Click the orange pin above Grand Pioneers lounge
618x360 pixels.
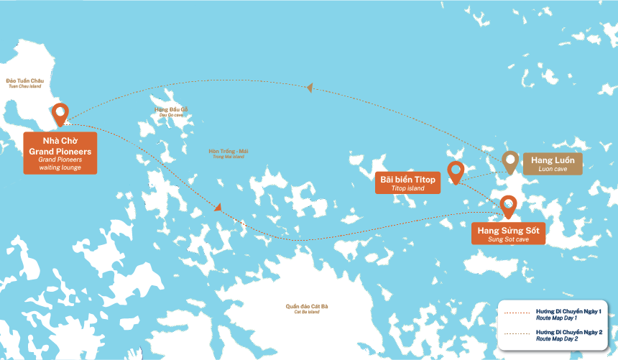coord(60,114)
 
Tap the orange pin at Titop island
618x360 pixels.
coord(455,172)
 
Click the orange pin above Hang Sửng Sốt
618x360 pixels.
coord(508,206)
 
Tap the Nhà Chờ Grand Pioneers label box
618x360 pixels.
coord(60,152)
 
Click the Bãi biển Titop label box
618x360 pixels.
coord(407,183)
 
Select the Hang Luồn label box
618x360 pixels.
coord(551,163)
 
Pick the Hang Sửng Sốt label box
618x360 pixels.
coord(508,233)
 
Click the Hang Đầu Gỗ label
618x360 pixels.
coord(171,111)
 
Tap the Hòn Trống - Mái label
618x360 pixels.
coord(228,152)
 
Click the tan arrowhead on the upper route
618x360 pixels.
coord(310,88)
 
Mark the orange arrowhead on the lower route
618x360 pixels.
coord(218,208)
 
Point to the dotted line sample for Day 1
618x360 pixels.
coord(517,313)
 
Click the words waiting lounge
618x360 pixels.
coord(60,167)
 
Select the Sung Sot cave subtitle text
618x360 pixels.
coord(508,239)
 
